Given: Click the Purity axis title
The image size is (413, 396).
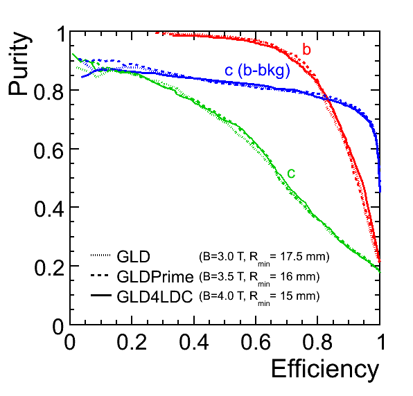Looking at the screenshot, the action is point(20,64).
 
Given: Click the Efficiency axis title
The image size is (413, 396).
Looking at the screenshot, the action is point(325,370).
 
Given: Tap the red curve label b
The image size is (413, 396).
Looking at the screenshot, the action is point(306,49).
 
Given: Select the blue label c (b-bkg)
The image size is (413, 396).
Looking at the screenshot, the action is point(257,71).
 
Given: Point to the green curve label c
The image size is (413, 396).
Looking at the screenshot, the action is point(291,174).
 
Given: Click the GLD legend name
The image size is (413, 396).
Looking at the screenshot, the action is point(133,256).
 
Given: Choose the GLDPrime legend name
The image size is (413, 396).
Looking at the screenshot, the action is point(155,276).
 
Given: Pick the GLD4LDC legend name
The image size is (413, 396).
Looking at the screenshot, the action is point(155,296).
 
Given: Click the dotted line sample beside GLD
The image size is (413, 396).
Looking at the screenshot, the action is point(100,255).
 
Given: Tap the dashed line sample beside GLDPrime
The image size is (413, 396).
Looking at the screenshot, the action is point(100,276).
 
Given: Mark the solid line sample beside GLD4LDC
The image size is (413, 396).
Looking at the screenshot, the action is point(101,295).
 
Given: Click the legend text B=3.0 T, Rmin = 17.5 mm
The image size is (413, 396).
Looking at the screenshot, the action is point(264,258).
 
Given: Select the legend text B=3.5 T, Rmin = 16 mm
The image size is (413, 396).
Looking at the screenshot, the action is point(259,278).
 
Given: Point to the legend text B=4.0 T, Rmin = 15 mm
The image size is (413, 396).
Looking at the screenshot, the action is point(259,298).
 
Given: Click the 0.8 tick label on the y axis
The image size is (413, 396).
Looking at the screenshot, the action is point(49,92).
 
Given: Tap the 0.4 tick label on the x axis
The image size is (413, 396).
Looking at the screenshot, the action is point(194,342).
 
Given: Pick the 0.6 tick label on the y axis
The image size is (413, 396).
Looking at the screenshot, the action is point(49,150).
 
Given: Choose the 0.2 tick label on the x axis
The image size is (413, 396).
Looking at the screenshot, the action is point(132,342).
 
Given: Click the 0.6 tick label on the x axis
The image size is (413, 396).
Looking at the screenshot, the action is point(256,342).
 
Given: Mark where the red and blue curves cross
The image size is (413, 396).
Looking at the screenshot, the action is point(326,98).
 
